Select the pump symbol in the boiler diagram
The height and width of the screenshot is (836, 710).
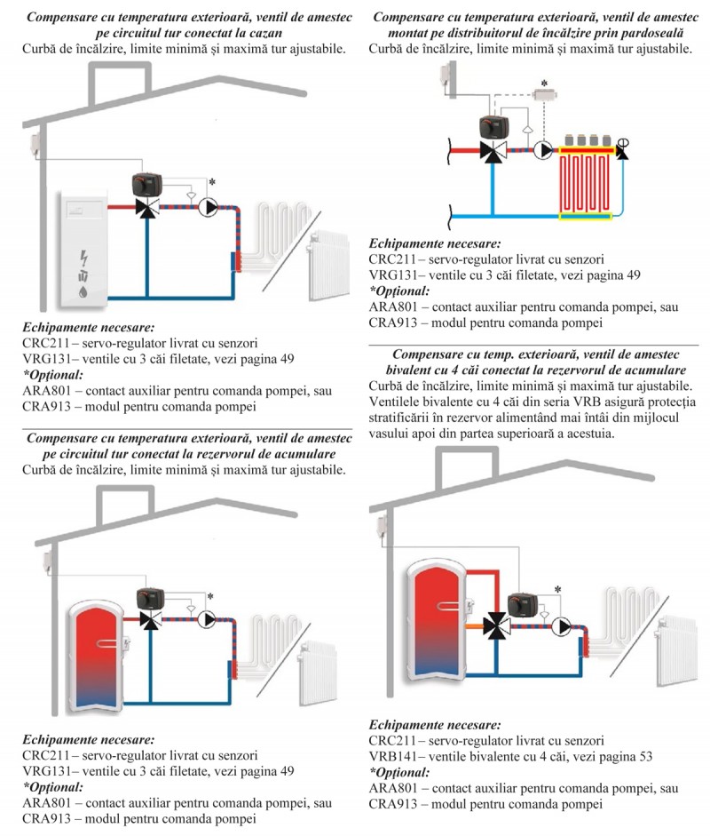[x=208, y=208]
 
